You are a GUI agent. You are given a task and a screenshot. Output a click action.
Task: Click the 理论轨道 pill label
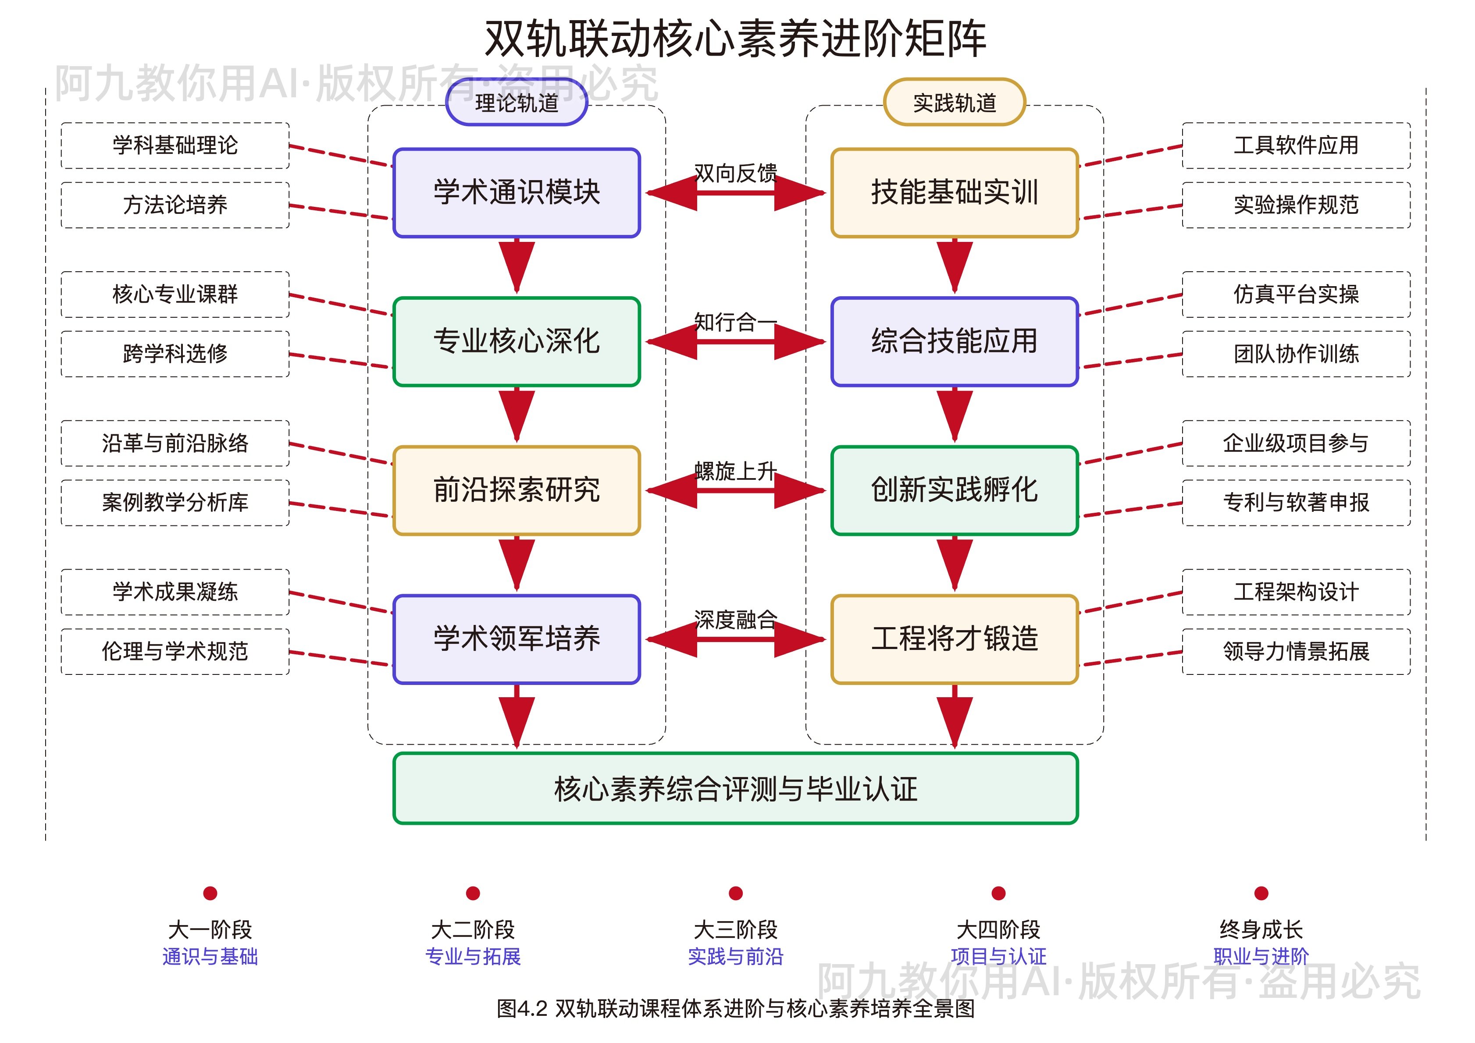pyautogui.click(x=517, y=103)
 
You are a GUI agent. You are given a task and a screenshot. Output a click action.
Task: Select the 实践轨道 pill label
pyautogui.click(x=954, y=103)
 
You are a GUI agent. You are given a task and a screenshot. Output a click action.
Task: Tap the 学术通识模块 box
pyautogui.click(x=517, y=193)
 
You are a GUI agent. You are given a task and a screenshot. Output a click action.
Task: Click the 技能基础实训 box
pyautogui.click(x=954, y=193)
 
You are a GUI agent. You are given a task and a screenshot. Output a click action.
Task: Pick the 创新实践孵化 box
pyautogui.click(x=954, y=490)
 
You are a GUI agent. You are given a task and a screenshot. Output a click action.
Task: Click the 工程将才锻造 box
pyautogui.click(x=954, y=639)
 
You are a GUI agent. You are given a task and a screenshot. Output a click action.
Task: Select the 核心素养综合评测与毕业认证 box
pyautogui.click(x=736, y=789)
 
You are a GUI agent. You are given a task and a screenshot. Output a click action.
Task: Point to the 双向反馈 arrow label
pyautogui.click(x=736, y=173)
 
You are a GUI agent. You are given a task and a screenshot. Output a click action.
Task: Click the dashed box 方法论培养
pyautogui.click(x=175, y=205)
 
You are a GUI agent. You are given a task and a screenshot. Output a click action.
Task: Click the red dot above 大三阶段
pyautogui.click(x=736, y=894)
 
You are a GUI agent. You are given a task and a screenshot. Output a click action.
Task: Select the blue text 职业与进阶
pyautogui.click(x=1261, y=956)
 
